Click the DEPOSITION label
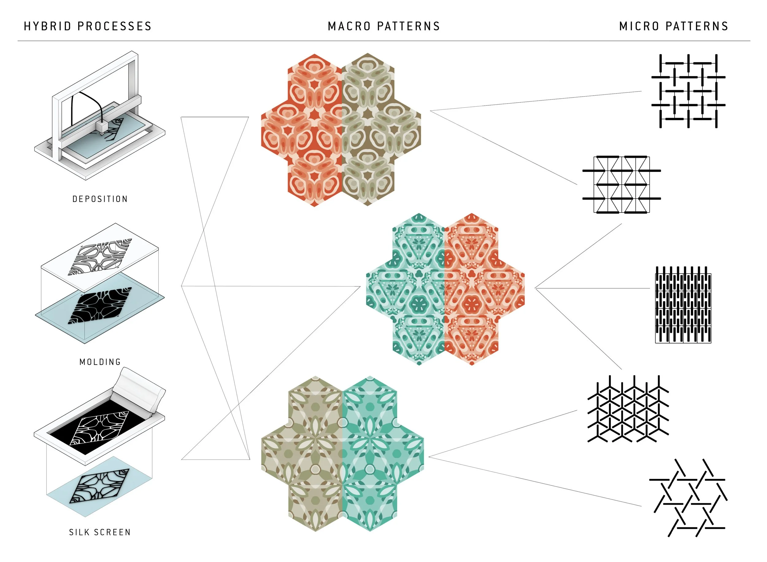100,199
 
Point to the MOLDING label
100,362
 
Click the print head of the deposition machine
102,127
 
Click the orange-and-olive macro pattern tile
341,130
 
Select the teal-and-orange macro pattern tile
445,289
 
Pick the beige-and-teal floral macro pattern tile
342,454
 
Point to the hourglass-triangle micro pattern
622,185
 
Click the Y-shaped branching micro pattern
628,409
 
